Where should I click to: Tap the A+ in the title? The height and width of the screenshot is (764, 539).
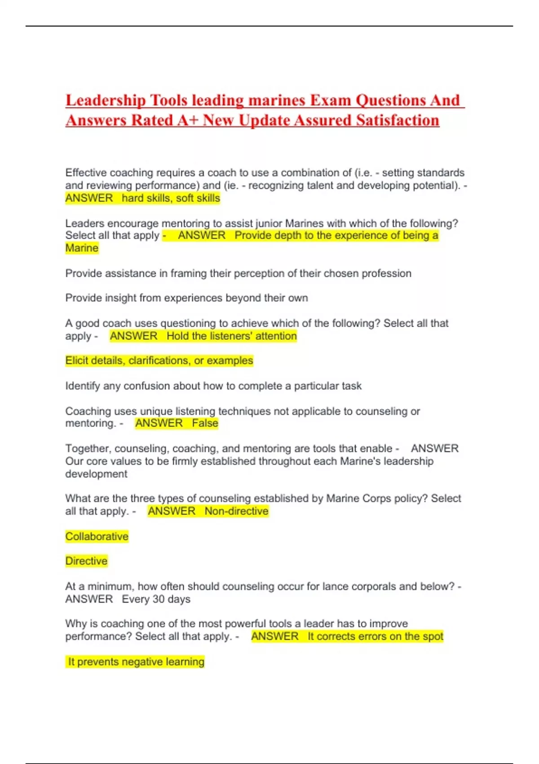pos(187,120)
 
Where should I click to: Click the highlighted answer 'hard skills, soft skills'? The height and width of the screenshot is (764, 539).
pos(171,198)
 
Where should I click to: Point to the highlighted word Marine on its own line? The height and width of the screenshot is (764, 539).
pos(82,248)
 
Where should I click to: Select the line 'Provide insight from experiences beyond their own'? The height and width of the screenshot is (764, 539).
pos(186,298)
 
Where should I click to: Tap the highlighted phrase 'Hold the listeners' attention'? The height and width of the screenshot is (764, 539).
pos(231,336)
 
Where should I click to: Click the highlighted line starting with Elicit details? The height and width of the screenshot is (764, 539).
pos(159,360)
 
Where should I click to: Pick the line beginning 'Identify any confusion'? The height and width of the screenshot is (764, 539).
pos(213,386)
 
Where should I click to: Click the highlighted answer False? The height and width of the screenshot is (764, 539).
pos(205,423)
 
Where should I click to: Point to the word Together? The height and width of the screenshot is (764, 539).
pos(87,449)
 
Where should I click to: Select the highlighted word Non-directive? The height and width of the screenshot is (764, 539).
pos(236,511)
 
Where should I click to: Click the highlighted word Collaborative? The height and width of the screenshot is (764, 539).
pos(97,536)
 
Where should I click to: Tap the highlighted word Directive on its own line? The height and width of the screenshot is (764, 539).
pos(86,561)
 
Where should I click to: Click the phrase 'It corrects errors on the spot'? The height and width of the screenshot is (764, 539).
pos(375,636)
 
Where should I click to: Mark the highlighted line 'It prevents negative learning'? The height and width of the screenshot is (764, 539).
pos(136,662)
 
